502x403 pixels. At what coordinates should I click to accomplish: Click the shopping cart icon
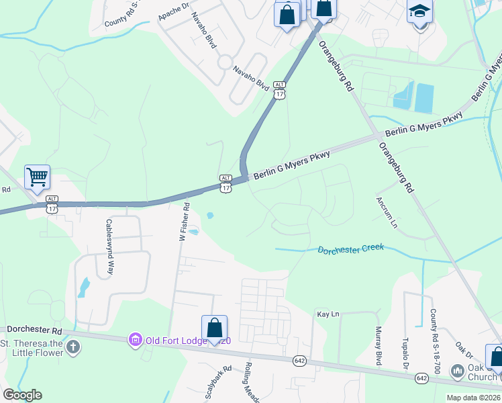coord(38,177)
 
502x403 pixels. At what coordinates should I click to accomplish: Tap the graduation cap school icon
coord(420,11)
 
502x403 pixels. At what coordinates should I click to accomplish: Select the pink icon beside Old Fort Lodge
coord(136,341)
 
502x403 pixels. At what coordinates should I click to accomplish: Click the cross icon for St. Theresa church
coord(73,347)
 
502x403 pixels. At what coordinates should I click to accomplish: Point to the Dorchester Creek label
coord(350,249)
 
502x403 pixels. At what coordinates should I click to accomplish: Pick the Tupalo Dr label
coord(405,353)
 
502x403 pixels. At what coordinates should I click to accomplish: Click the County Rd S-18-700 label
coord(434,342)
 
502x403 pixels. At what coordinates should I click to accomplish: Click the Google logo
coord(22,395)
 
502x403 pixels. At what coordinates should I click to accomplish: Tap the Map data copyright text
coord(473,398)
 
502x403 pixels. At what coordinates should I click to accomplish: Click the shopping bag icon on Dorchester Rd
coord(214,328)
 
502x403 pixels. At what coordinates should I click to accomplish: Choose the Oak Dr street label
coord(464,349)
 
